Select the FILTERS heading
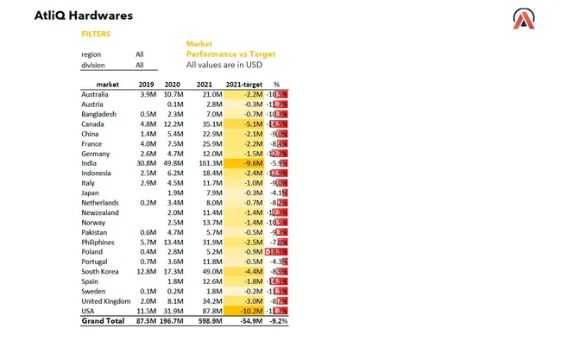[95, 35]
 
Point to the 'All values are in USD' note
[224, 64]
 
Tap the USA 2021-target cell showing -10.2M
[249, 310]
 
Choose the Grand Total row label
[104, 320]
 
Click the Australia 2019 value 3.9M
[147, 93]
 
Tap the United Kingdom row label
[105, 300]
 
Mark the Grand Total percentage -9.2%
[278, 320]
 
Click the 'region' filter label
[91, 54]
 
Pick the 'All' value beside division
[140, 65]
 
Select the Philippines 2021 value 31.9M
[211, 243]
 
